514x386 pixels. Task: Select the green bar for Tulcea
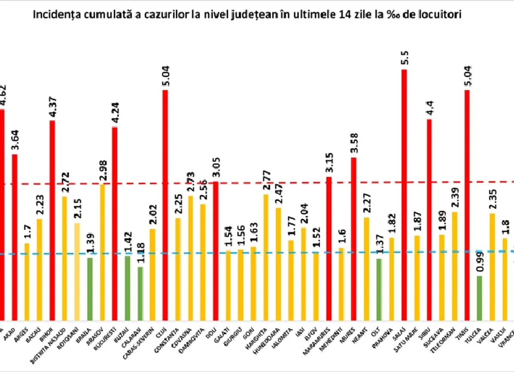tap(479, 298)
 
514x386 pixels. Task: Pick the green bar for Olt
tap(379, 289)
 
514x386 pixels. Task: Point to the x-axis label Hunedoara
tap(272, 340)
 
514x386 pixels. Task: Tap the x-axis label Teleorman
tap(448, 341)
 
